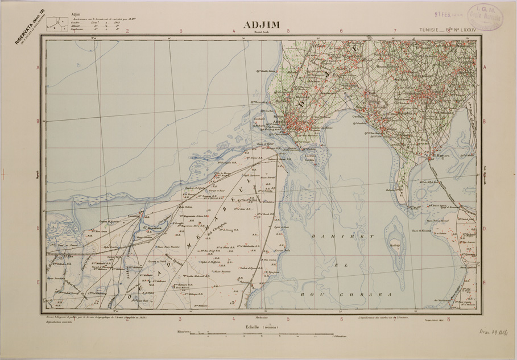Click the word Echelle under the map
click(x=251, y=327)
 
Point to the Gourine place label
click(x=133, y=216)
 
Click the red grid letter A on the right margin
click(x=485, y=67)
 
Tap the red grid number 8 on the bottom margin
click(x=449, y=319)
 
